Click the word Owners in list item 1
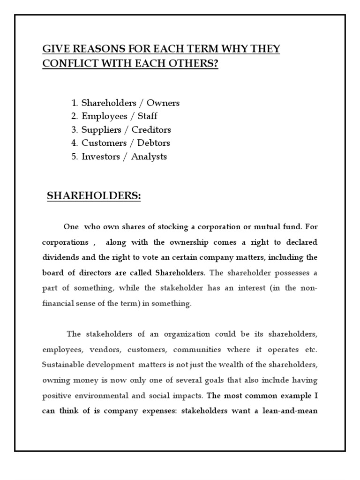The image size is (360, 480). (164, 103)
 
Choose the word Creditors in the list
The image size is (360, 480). (151, 129)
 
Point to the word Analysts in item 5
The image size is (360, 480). (149, 157)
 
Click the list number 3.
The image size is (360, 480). (74, 129)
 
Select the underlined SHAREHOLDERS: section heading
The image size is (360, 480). (94, 196)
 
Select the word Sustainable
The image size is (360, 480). (63, 365)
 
